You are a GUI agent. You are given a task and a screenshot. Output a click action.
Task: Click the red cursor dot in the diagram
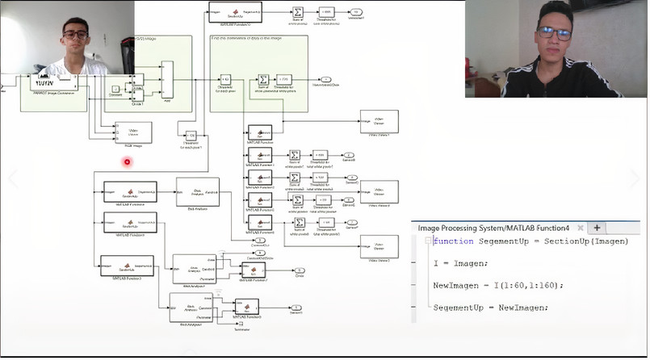127,162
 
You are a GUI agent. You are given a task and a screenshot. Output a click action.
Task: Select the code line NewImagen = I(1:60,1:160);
498,285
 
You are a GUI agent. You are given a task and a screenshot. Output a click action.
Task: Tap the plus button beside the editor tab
598,228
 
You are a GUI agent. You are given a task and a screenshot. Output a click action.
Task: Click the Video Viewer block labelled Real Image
133,132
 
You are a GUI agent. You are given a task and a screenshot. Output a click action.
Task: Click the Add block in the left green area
167,81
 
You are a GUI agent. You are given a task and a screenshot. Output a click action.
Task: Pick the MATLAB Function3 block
127,265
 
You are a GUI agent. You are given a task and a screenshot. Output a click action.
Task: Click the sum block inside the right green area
263,79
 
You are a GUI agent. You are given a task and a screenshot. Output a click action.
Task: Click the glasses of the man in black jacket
555,34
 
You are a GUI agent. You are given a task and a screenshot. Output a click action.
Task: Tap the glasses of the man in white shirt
76,35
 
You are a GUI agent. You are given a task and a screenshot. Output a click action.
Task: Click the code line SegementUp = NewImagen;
490,308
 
